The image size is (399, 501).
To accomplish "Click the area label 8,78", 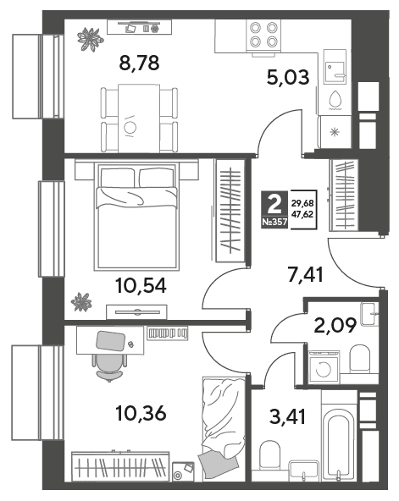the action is point(139,63).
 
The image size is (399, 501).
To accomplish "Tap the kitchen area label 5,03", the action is point(288,78).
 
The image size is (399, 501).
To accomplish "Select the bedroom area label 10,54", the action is point(141,286).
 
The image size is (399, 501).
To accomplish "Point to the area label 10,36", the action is point(141,413).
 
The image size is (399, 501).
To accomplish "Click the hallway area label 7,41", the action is point(306,275).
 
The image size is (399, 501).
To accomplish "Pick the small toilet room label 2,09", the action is point(335,326).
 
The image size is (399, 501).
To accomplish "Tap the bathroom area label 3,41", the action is point(288,416).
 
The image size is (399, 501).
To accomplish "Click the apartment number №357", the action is point(274,222).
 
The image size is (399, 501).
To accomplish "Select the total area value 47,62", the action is point(302,214).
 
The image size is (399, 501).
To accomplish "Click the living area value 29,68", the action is point(302,203).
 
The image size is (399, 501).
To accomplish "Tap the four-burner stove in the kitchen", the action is point(263,35).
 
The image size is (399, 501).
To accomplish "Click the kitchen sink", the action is point(335,67).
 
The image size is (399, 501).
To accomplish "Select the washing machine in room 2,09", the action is point(324,366).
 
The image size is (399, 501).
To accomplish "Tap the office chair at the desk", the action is point(109,367).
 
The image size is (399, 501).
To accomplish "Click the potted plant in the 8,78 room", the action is point(91,39).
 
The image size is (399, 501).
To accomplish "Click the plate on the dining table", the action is point(130,127).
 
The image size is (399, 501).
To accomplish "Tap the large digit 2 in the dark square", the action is point(274,205).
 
